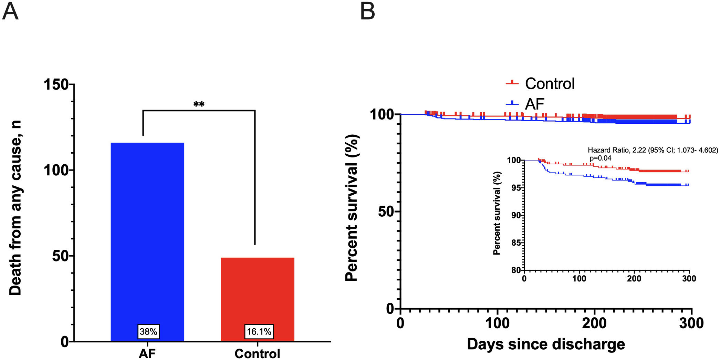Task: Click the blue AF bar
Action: point(147,234)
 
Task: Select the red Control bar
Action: point(257,293)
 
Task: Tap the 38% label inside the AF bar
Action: point(148,331)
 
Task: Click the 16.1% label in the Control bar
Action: point(259,331)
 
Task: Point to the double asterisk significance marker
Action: point(199,104)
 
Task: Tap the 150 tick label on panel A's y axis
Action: point(56,84)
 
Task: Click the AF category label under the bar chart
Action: point(147,353)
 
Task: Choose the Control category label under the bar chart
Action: point(257,353)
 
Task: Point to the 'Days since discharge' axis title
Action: point(546,344)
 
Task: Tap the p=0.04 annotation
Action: point(601,158)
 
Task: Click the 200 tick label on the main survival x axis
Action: point(594,323)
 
